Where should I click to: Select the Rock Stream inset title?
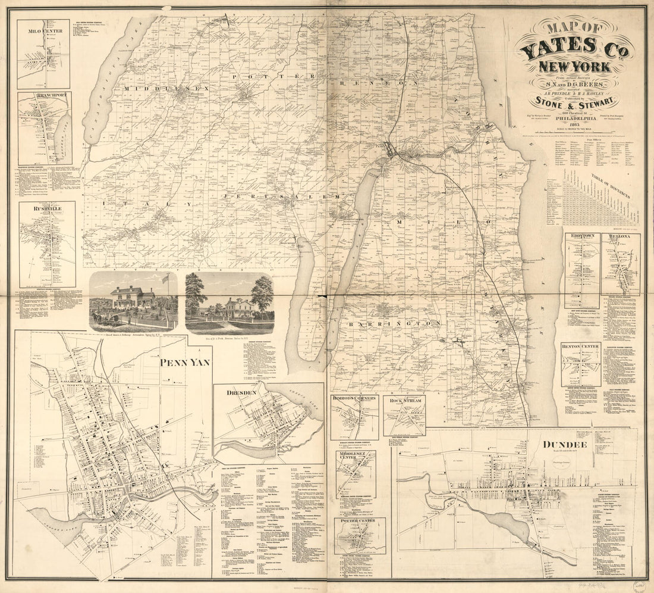pos(404,400)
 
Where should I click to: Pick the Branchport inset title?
pos(44,95)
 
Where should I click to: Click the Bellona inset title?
pos(620,236)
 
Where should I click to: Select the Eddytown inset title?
pos(581,236)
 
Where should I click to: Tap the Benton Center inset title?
pos(580,346)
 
